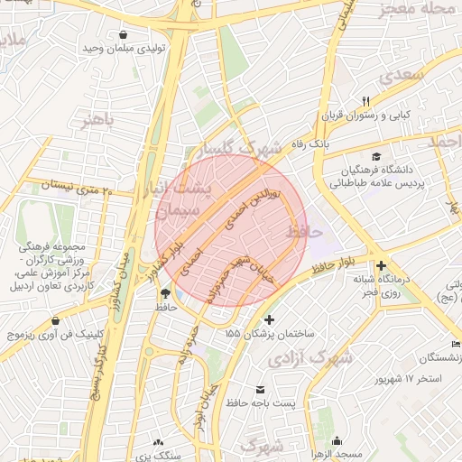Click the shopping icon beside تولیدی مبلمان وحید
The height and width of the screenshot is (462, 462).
click(x=121, y=34)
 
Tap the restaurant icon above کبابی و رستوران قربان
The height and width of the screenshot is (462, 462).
click(x=365, y=101)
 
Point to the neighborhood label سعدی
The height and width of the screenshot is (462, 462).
click(x=402, y=76)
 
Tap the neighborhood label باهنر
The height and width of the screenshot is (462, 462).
click(x=97, y=120)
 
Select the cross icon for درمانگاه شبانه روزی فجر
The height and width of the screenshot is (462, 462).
click(x=382, y=266)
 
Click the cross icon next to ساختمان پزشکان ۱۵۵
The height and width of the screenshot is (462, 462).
click(x=269, y=319)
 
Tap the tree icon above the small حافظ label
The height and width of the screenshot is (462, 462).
click(x=165, y=292)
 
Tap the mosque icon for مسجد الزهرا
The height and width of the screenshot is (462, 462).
click(x=337, y=441)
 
